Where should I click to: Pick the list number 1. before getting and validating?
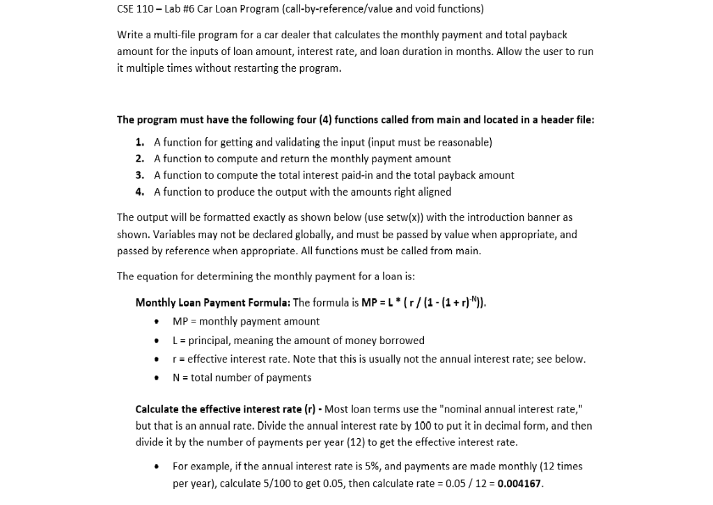coord(140,142)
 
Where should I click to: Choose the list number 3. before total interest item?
coord(140,176)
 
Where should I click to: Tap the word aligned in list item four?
coord(433,192)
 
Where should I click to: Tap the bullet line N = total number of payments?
coord(242,378)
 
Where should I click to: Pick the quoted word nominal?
coord(480,409)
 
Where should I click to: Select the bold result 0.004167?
coord(519,483)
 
